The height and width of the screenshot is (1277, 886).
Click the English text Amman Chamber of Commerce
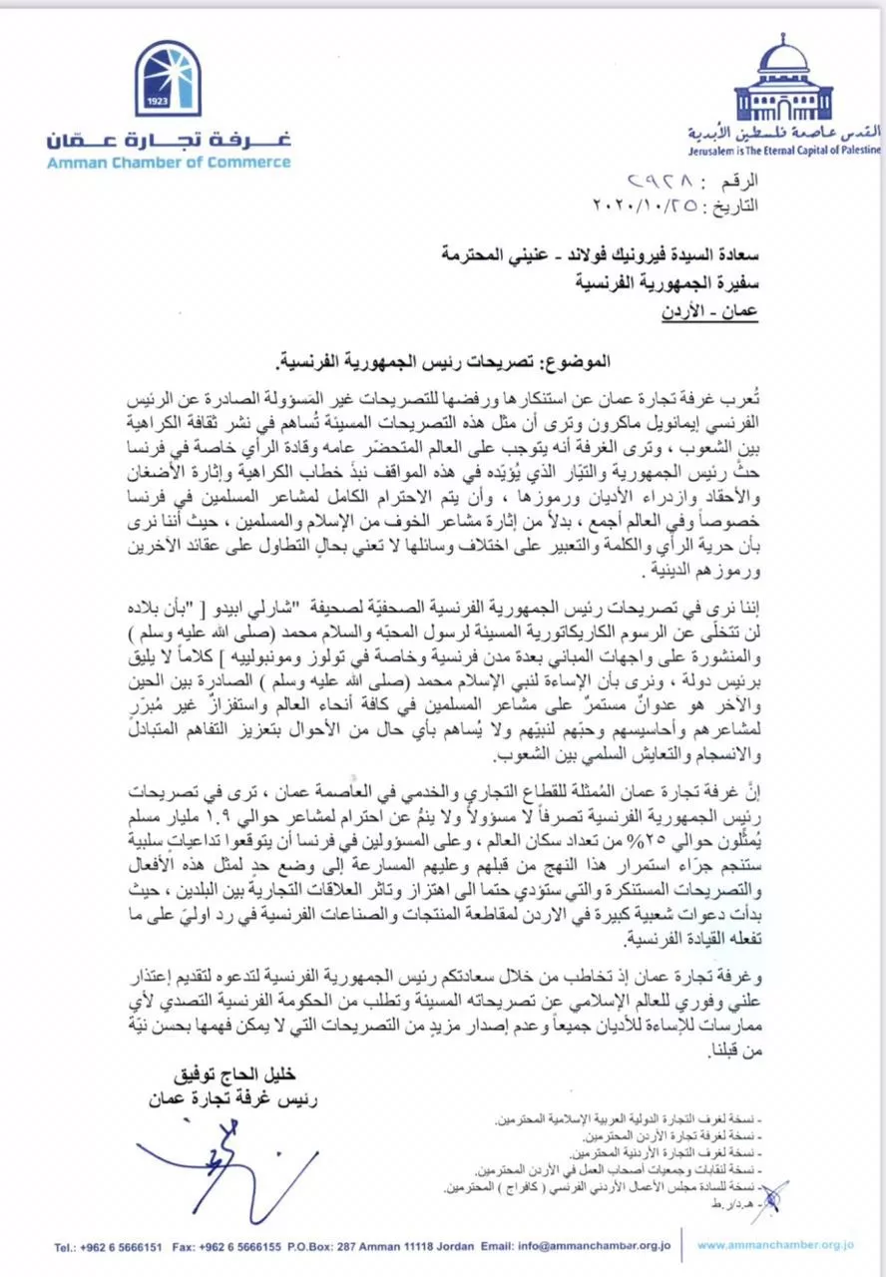pyautogui.click(x=168, y=164)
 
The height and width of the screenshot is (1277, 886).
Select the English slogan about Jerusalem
pyautogui.click(x=784, y=150)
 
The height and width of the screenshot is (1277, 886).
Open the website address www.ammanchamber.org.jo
pyautogui.click(x=774, y=1245)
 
